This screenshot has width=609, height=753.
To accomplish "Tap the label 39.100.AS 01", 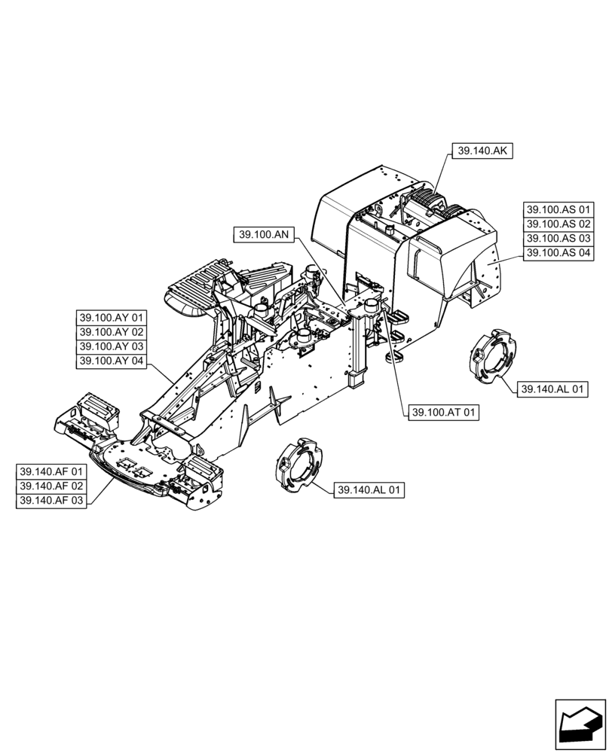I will point(559,209).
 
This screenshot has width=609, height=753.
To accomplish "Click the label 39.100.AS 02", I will point(559,224).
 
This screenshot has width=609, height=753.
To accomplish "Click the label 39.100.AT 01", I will point(443,412).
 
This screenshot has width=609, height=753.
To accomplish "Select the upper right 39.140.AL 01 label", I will point(553,389).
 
